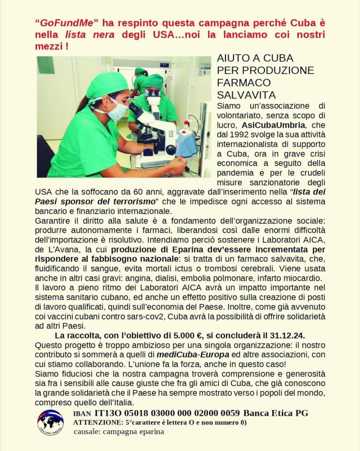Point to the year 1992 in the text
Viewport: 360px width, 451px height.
point(241,134)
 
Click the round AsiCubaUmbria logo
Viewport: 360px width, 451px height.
point(50,422)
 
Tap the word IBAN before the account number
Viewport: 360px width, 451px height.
point(82,414)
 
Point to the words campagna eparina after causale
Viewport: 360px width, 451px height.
point(134,432)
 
